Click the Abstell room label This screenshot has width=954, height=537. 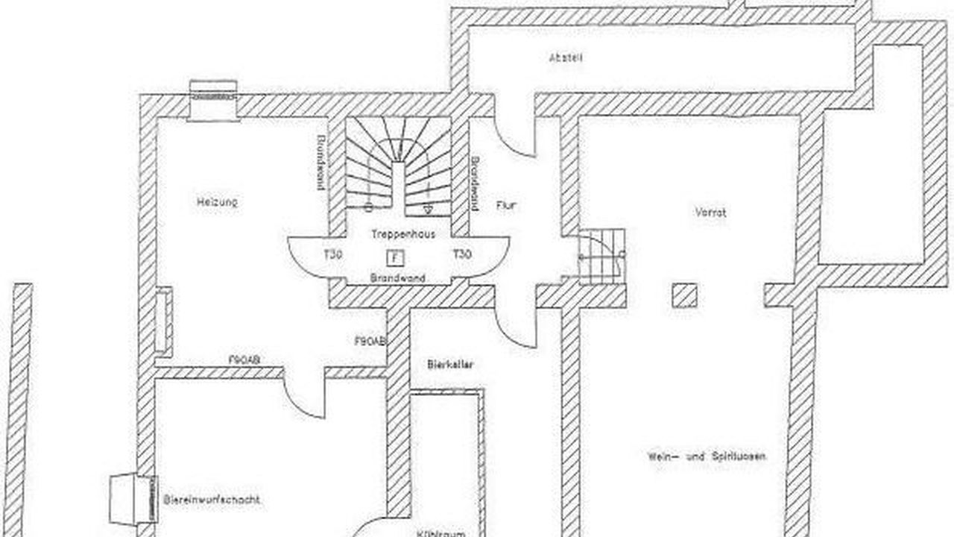click(x=565, y=57)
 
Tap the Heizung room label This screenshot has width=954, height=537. click(x=217, y=201)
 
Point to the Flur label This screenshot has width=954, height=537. click(x=505, y=206)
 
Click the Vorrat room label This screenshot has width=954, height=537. click(x=710, y=213)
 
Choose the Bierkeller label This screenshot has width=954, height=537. click(x=451, y=365)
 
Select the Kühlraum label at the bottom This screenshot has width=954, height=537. click(x=447, y=533)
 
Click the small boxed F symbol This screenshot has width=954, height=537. click(x=395, y=257)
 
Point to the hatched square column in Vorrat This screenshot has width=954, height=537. click(x=684, y=296)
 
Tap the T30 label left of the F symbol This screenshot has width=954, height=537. click(x=332, y=255)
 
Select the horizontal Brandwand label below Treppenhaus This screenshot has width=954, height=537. click(x=398, y=278)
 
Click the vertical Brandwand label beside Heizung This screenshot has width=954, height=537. click(x=320, y=163)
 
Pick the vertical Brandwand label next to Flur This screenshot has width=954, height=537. click(x=474, y=183)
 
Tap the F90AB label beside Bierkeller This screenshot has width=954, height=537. click(x=370, y=341)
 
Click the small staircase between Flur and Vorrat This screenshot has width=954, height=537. click(x=601, y=256)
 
